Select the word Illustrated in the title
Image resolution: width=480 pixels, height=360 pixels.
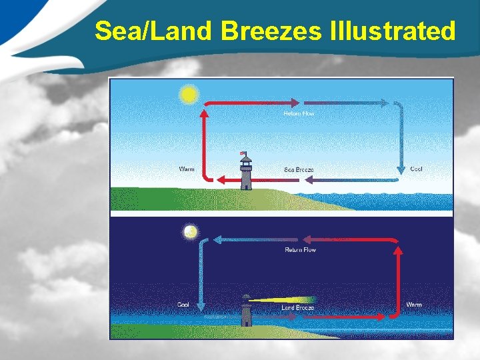pos(393,31)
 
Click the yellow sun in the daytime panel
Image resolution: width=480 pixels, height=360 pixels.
pos(189,94)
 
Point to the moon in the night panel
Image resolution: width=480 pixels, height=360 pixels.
pos(191,232)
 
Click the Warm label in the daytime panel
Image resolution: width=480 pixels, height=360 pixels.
pos(187,169)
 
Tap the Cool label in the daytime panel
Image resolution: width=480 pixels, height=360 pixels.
pos(416,169)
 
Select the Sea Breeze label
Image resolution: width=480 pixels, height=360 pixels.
pos(299,169)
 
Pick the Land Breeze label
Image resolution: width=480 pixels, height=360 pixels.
pos(297,307)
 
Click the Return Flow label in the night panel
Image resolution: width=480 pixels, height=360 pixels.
pos(301,250)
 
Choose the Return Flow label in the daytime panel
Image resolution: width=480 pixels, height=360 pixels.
pos(299,113)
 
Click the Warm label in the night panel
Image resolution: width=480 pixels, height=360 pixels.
pos(414,305)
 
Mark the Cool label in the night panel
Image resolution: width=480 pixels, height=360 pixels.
pos(183,305)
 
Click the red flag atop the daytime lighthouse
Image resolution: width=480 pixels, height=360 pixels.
pos(243,153)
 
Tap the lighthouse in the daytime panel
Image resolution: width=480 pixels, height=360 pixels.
pos(246,175)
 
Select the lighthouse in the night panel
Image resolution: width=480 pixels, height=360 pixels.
pos(246,312)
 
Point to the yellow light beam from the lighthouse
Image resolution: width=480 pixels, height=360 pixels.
pos(287,299)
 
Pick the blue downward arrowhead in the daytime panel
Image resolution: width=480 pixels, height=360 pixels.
pos(402,169)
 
